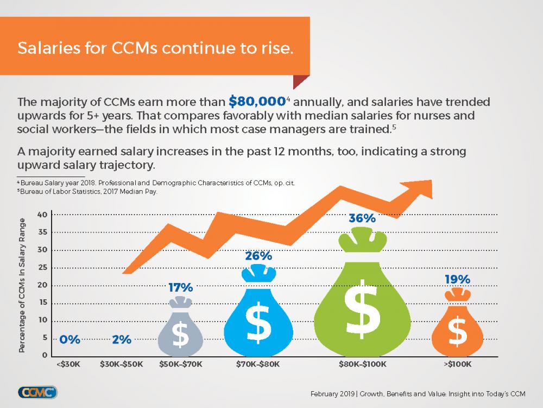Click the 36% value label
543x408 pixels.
tap(362, 218)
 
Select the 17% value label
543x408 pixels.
tap(180, 287)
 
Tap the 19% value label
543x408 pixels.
tap(457, 279)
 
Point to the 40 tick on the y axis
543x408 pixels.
tap(41, 215)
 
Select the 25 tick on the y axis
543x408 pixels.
tap(41, 268)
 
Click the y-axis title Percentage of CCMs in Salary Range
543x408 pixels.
tap(23, 286)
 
